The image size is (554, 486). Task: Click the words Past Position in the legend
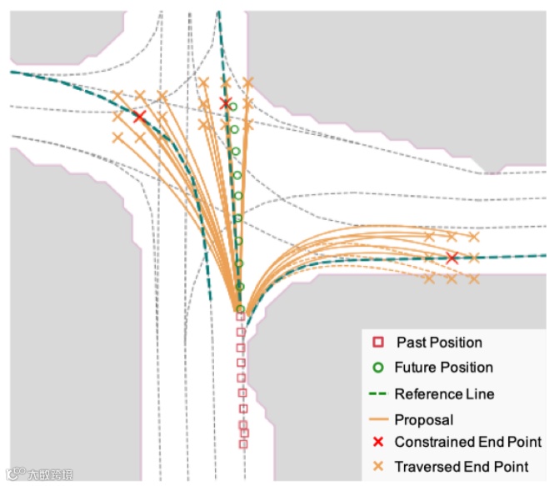(439, 342)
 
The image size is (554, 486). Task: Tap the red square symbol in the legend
(377, 342)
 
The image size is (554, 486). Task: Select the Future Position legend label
(443, 367)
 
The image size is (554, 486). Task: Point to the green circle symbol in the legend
(377, 367)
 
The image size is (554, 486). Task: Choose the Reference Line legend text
(444, 393)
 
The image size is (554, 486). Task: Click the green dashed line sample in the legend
(377, 393)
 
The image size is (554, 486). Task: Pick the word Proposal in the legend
(423, 420)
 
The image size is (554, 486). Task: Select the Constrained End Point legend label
(467, 442)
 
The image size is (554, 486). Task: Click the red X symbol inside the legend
(377, 442)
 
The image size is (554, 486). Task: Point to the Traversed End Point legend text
(461, 467)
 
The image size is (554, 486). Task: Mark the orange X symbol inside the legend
(377, 467)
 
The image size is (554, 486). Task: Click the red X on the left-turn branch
(139, 118)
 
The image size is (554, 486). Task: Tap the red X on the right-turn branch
(452, 258)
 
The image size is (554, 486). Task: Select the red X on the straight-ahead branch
(225, 103)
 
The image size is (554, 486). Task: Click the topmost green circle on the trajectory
(233, 108)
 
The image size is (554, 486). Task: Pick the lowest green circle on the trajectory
(240, 308)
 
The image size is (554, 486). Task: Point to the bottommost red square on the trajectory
(243, 443)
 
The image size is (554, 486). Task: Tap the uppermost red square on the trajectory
(241, 317)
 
